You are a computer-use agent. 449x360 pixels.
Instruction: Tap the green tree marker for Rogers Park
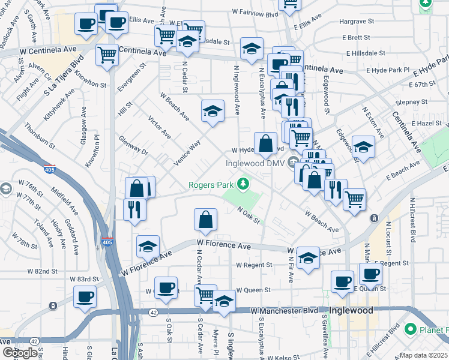(243, 183)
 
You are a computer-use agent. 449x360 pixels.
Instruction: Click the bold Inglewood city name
(351, 310)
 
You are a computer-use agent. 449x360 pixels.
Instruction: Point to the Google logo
(20, 353)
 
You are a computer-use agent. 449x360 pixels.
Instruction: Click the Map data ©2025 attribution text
(424, 355)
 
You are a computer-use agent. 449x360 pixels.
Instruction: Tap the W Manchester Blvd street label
(284, 310)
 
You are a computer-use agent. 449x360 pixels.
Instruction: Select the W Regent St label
(254, 264)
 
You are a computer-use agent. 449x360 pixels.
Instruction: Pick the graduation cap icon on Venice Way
(212, 111)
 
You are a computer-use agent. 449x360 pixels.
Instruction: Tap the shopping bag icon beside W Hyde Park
(265, 144)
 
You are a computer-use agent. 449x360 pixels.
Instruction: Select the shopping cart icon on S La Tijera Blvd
(107, 55)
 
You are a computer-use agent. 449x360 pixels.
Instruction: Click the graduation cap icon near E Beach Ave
(363, 147)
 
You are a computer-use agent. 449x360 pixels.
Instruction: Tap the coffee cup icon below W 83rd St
(85, 296)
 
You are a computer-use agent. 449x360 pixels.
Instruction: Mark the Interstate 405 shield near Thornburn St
(50, 169)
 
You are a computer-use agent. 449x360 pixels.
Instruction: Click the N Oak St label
(249, 215)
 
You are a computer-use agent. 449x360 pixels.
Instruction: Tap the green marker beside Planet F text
(411, 329)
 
